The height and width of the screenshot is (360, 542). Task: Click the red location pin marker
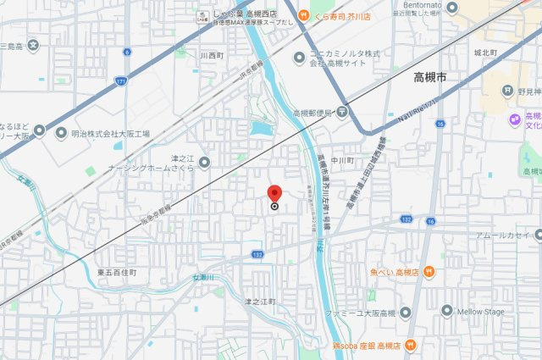[274, 193]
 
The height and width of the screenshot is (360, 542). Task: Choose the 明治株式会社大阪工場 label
[110, 134]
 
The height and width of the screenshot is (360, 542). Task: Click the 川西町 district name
[212, 56]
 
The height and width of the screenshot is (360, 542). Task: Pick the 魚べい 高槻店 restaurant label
[395, 272]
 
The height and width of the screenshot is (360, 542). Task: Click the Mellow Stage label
[482, 311]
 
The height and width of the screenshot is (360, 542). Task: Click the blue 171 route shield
[123, 80]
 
